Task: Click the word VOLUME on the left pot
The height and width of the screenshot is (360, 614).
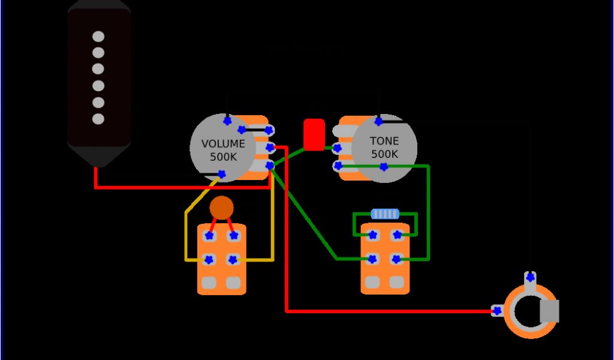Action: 223,144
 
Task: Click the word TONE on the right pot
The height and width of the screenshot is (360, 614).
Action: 384,141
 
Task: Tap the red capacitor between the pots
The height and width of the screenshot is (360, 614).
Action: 314,134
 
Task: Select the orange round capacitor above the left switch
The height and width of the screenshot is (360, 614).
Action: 221,208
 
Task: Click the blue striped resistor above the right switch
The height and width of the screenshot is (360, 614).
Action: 385,214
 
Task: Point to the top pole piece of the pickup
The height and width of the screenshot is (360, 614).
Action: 98,37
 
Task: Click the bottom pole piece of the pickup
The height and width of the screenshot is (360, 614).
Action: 98,119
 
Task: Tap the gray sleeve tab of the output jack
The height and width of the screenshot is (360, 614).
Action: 549,310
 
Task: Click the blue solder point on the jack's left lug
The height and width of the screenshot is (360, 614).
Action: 496,311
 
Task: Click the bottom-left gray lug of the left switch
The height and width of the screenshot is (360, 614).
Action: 209,282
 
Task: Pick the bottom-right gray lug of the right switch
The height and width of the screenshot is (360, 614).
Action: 396,281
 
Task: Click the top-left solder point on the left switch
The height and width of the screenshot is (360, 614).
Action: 209,236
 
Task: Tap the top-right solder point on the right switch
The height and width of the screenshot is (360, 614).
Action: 396,235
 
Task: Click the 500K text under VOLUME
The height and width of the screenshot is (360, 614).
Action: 223,157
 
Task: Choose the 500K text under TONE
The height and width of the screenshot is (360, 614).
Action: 384,154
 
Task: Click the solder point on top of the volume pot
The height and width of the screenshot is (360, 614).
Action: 227,121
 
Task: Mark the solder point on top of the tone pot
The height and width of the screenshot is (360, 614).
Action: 379,122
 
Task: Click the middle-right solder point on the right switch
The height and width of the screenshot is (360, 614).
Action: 396,259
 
